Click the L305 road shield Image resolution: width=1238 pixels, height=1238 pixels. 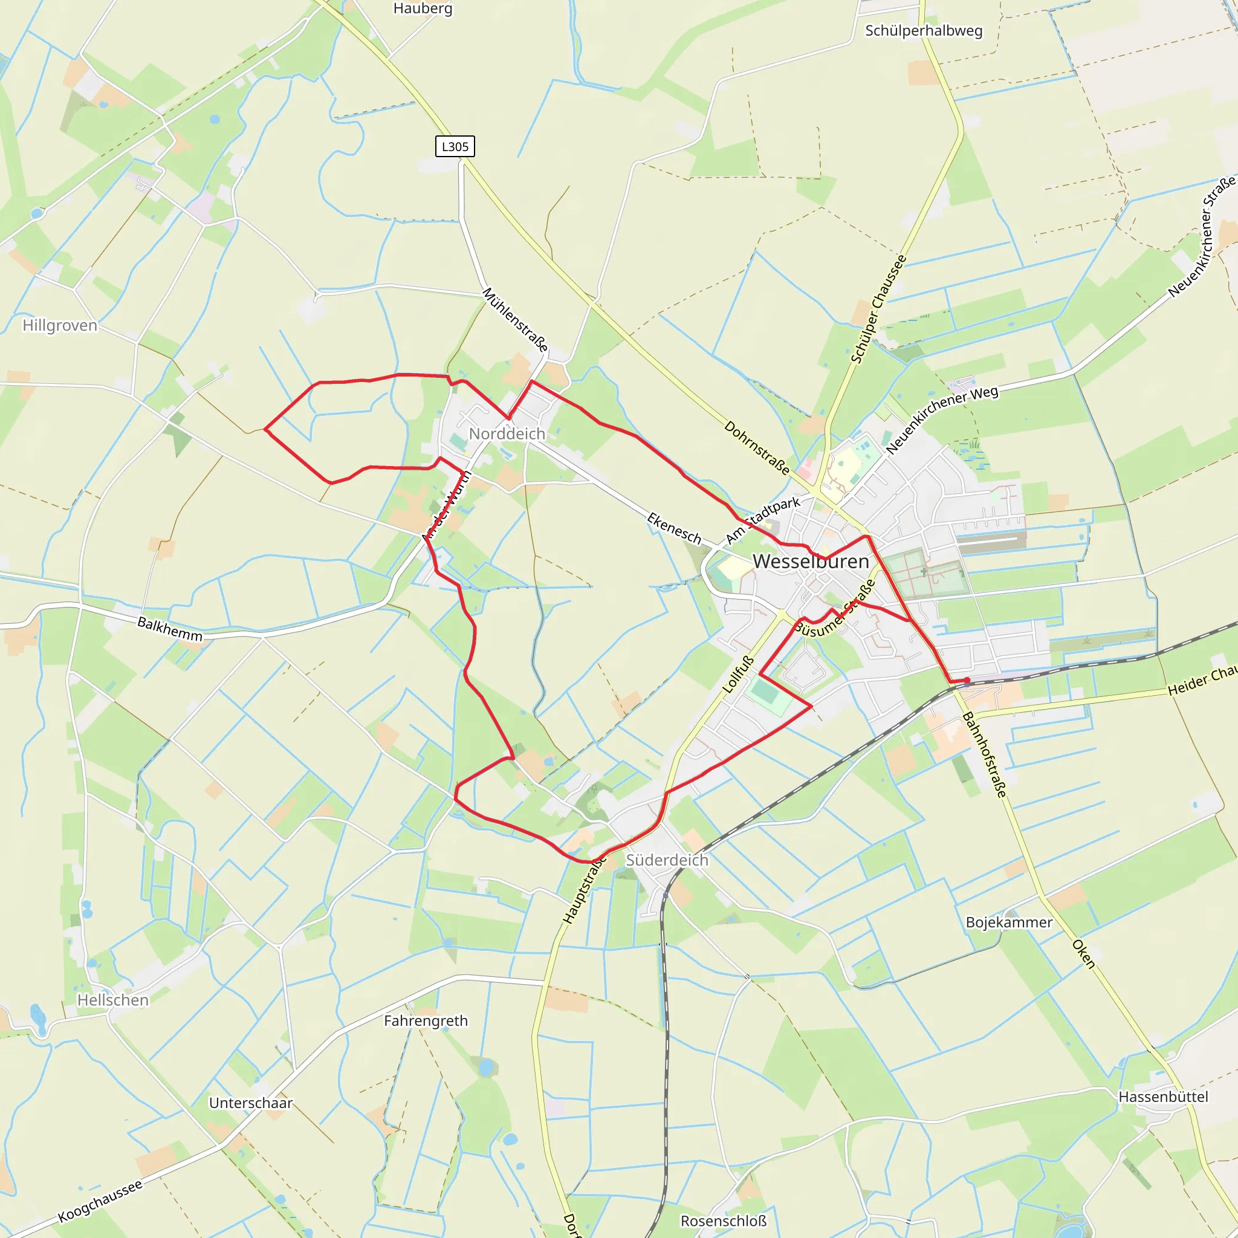tap(455, 147)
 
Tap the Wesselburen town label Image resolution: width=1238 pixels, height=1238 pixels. tap(811, 562)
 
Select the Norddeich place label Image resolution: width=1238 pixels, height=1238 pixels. tap(507, 434)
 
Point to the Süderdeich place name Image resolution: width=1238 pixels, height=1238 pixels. tap(667, 860)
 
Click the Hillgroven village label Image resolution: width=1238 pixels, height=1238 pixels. tap(60, 326)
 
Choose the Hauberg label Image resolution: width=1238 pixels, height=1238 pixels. tap(423, 8)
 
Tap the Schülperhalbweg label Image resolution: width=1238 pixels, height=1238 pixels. tap(924, 31)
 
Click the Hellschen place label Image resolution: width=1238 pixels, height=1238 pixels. tap(113, 1000)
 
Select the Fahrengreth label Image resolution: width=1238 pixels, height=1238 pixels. tap(426, 1021)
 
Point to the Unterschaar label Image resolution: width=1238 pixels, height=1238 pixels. tap(250, 1103)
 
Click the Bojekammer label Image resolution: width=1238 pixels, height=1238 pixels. tap(1010, 922)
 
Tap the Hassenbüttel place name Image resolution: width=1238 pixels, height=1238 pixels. tap(1163, 1097)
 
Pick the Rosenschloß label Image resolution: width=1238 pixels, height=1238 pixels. tap(724, 1220)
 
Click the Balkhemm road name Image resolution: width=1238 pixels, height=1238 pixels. tap(170, 629)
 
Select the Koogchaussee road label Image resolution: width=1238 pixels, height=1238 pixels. tap(100, 1202)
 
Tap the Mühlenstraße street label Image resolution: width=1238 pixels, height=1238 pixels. tap(515, 319)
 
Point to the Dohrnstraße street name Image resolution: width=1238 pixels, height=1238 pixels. tap(757, 447)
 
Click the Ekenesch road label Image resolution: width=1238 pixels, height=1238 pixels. tap(674, 528)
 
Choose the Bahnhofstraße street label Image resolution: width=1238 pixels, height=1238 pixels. tap(985, 754)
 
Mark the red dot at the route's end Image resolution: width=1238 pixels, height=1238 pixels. tap(967, 681)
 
